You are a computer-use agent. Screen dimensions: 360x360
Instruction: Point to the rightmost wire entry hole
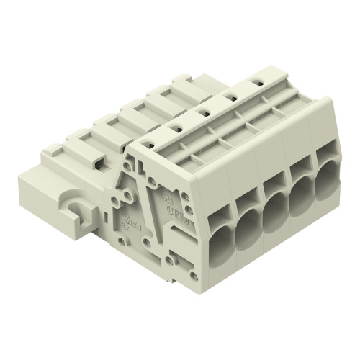[326, 178]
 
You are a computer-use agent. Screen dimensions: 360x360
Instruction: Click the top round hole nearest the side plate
[150, 143]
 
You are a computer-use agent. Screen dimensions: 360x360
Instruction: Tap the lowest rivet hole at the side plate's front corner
[193, 274]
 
